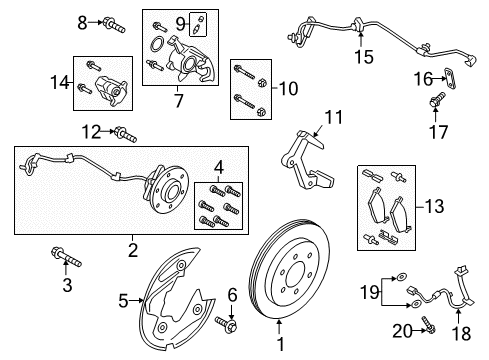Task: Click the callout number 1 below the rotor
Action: pos(280,345)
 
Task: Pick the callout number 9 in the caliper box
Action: pos(181,23)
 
